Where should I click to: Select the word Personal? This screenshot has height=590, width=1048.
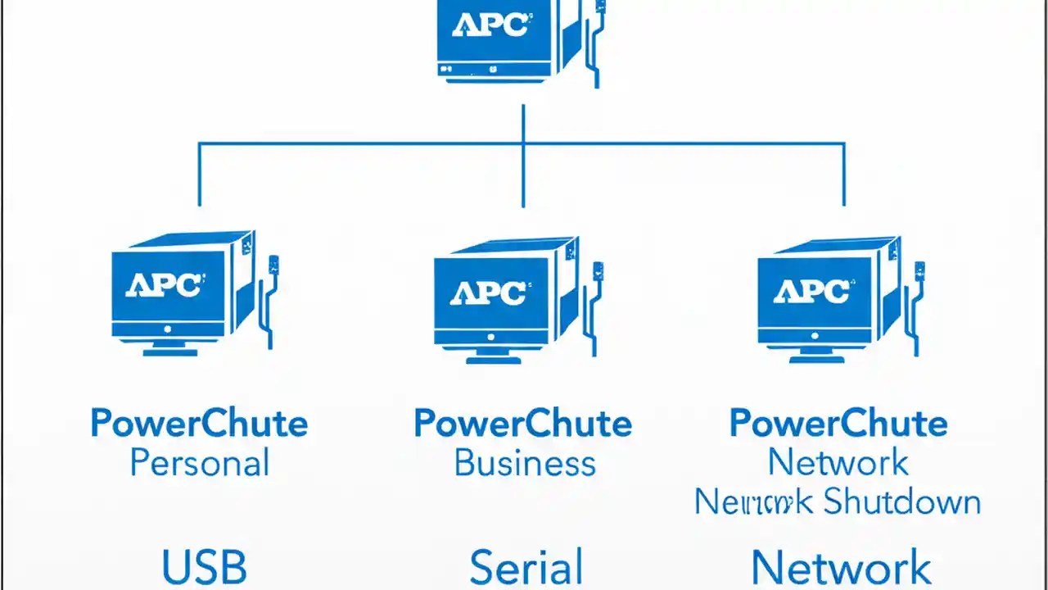click(200, 464)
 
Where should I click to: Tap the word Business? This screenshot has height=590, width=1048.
click(525, 464)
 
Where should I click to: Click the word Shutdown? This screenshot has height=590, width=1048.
click(901, 501)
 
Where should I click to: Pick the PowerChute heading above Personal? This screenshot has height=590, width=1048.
click(199, 424)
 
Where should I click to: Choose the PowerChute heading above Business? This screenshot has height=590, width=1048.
click(522, 424)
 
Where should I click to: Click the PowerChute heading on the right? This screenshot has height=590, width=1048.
click(838, 424)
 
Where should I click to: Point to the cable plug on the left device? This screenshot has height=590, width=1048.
click(274, 265)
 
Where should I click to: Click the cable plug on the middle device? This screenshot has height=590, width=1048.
click(599, 270)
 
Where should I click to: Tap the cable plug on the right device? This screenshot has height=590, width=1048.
click(920, 270)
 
